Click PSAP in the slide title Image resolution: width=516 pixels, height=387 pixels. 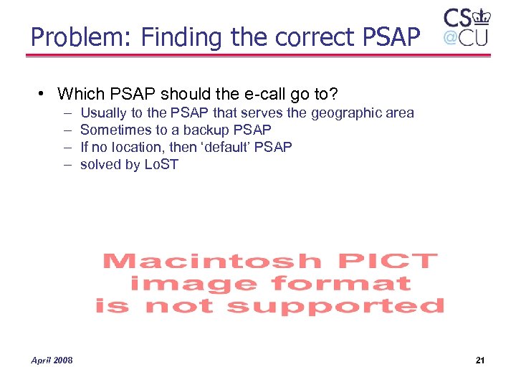388,37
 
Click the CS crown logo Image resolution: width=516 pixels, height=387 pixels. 466,18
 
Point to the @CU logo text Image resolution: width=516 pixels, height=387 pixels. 465,37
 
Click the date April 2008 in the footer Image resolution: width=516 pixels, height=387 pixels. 52,360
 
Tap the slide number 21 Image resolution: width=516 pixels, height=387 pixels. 479,360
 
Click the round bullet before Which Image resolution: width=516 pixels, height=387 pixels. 44,94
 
